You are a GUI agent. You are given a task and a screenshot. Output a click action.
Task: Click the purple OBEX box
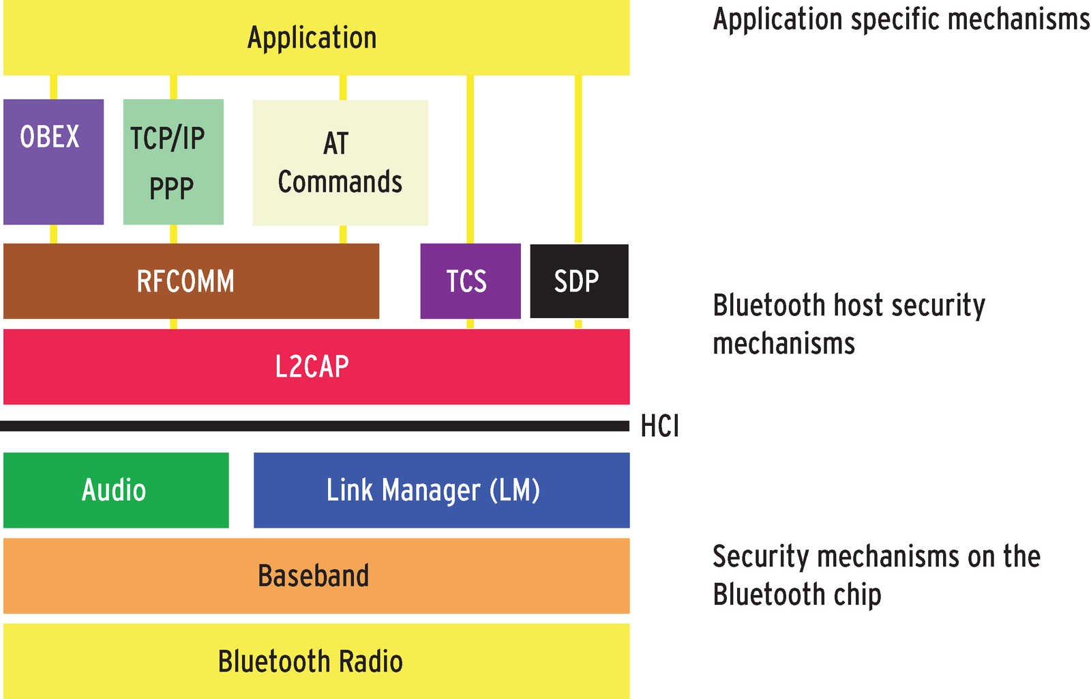[53, 162]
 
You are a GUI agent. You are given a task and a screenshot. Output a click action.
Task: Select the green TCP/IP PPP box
[173, 162]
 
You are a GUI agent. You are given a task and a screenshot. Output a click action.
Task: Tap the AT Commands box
[340, 162]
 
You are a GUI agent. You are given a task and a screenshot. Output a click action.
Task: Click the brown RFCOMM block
[191, 281]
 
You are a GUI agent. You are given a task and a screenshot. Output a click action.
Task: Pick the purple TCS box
[470, 281]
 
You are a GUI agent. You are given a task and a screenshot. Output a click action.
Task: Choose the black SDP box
[579, 281]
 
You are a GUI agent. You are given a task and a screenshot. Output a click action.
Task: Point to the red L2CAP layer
[316, 367]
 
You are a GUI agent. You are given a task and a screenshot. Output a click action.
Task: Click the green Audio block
[116, 490]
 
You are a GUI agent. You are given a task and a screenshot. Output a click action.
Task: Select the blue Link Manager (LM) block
[441, 490]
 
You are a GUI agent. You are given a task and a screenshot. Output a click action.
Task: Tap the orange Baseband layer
[316, 575]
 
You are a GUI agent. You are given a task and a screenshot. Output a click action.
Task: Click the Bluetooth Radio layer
[316, 661]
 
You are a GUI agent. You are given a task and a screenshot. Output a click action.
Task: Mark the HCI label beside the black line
[659, 427]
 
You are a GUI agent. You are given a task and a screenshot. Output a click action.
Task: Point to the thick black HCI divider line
[314, 426]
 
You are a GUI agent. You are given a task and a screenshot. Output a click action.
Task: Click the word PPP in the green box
[171, 188]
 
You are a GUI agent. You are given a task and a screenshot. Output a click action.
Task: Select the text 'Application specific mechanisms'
[901, 19]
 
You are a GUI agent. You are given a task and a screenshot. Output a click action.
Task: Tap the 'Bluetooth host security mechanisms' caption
[848, 324]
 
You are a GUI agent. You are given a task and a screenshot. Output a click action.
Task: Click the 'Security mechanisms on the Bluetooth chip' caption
[876, 575]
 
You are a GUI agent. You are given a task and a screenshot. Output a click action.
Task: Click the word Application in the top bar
[312, 38]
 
